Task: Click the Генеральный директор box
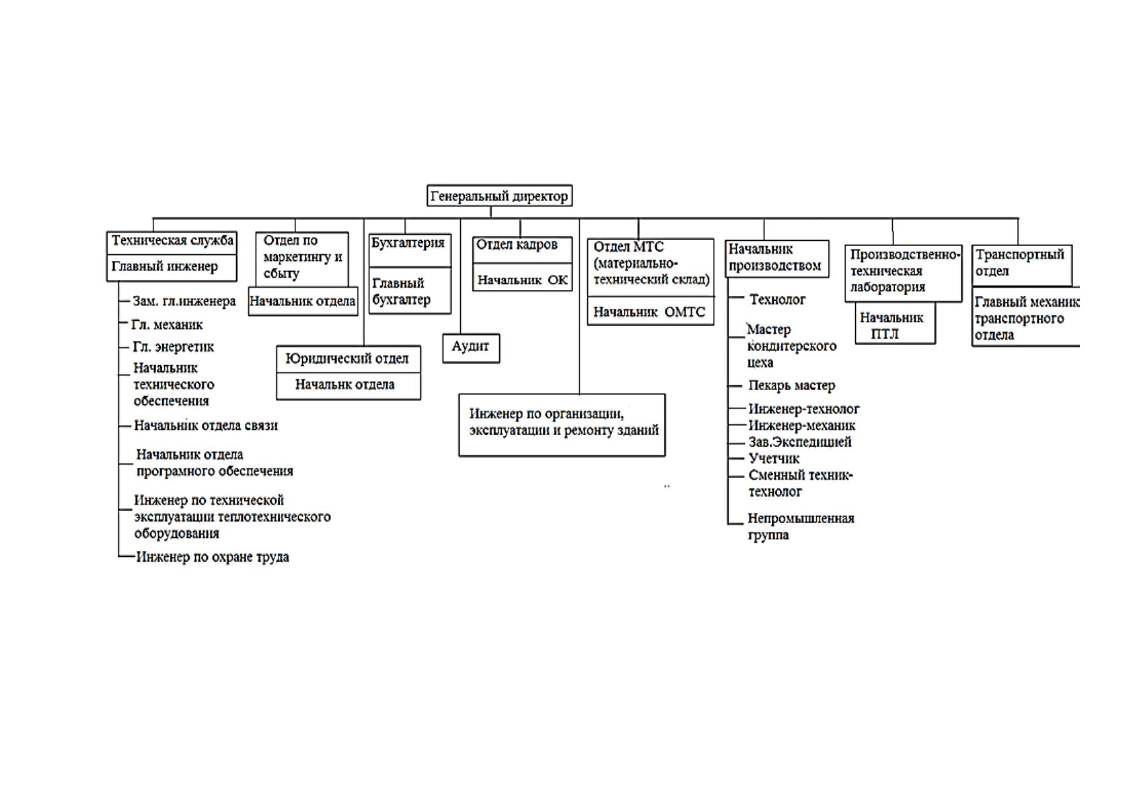[500, 196]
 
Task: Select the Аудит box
[471, 348]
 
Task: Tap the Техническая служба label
[172, 240]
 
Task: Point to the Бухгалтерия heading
[408, 243]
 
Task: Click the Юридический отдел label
[347, 358]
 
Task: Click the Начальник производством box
[777, 258]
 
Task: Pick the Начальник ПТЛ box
[896, 323]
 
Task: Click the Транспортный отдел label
[1020, 262]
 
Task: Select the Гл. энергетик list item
[174, 347]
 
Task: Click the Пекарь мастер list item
[792, 385]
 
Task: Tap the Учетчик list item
[774, 459]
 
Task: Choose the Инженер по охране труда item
[213, 557]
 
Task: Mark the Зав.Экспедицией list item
[800, 442]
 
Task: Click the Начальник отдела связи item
[206, 425]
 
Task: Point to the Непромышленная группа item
[801, 527]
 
